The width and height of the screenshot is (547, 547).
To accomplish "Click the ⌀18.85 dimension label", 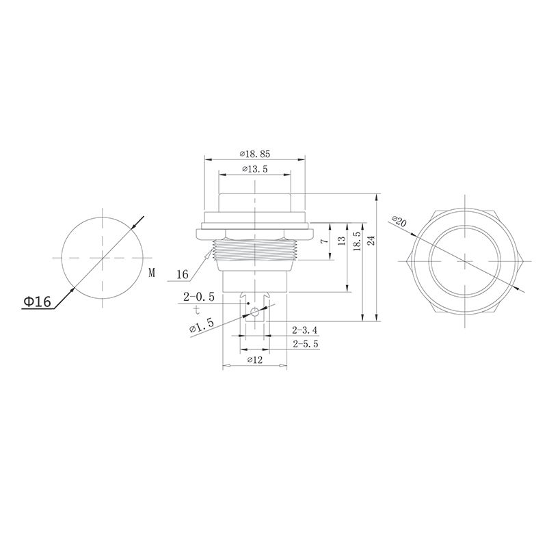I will click(x=254, y=154).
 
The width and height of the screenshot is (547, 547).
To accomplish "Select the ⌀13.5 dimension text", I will click(x=254, y=169).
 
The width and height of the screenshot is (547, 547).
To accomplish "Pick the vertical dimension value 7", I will click(x=325, y=241).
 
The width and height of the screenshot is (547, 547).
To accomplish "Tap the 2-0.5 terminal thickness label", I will click(x=199, y=297).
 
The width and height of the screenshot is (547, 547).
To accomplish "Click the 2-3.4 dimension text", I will click(x=305, y=331).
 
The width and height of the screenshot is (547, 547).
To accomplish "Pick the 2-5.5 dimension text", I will click(x=305, y=345).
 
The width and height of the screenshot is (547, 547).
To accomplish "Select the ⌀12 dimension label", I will click(x=254, y=360).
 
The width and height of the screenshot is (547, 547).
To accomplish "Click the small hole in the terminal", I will click(x=254, y=313).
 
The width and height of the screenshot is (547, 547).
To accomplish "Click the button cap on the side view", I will click(x=254, y=203).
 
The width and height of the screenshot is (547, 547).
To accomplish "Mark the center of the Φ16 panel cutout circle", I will click(x=102, y=258).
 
